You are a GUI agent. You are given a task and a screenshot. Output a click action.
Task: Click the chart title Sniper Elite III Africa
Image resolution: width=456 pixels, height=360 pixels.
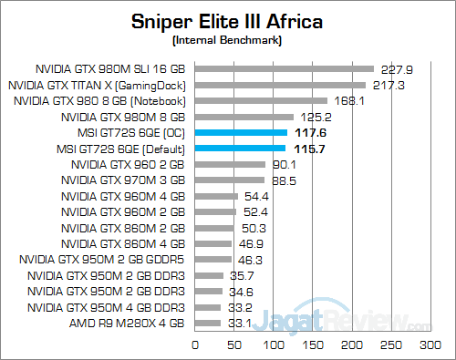[x=227, y=20]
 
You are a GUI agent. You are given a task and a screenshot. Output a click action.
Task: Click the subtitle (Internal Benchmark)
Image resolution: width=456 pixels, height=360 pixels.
[x=227, y=41]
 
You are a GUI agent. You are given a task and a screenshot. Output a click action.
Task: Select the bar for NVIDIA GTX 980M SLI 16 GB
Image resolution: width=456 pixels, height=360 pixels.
[x=284, y=68]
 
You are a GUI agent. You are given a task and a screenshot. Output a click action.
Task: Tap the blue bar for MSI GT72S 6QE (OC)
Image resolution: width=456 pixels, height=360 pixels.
[x=241, y=133]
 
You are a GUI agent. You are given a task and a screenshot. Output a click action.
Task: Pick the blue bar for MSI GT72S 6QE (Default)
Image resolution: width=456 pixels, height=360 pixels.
[x=240, y=149]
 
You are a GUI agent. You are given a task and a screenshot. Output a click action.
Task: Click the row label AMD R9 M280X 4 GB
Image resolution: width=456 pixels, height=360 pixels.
[x=128, y=324]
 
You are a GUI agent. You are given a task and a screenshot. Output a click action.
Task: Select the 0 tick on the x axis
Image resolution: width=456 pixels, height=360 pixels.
[x=194, y=346]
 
